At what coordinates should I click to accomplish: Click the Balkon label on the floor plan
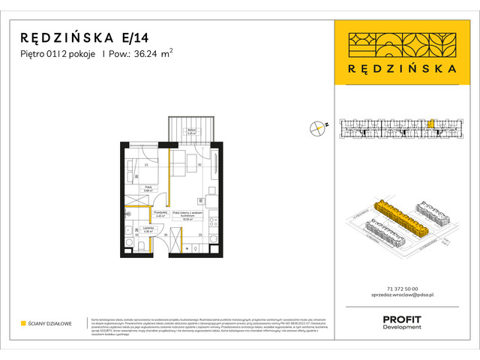click(x=191, y=132)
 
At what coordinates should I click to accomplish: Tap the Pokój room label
click(x=148, y=188)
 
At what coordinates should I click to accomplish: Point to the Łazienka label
click(x=148, y=230)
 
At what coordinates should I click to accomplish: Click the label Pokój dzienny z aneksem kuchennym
click(x=184, y=214)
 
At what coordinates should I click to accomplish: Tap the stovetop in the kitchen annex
click(x=211, y=202)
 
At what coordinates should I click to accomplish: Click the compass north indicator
click(x=319, y=128)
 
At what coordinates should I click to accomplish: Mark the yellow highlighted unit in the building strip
click(x=431, y=124)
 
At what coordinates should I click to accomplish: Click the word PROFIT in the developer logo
click(x=402, y=319)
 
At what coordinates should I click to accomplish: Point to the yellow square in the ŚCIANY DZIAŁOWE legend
click(x=24, y=323)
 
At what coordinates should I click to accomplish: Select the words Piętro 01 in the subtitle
click(x=40, y=53)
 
